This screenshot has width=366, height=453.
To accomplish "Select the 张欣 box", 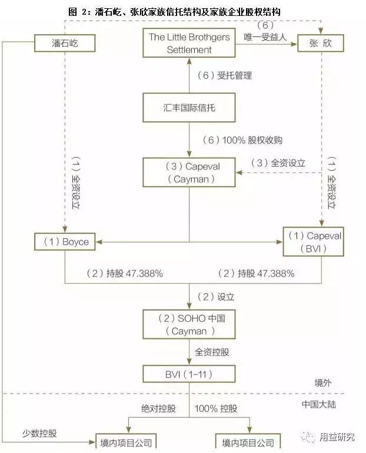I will coord(320,43).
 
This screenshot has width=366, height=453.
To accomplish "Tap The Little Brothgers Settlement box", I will coord(189,43).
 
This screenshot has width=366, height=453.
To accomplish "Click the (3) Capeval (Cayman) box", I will coord(189,173).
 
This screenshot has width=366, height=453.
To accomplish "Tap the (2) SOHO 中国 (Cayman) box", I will coord(189,325).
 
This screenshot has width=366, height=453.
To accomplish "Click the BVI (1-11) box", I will coord(189,374).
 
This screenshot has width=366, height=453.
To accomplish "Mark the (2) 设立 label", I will coord(214,296).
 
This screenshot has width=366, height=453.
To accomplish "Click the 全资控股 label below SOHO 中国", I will coord(212,352).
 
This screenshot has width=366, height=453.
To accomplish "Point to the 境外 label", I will coord(322,382).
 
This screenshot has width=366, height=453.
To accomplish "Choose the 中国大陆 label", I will coord(320,405).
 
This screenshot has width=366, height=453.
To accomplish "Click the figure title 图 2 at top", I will coord(174,11).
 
